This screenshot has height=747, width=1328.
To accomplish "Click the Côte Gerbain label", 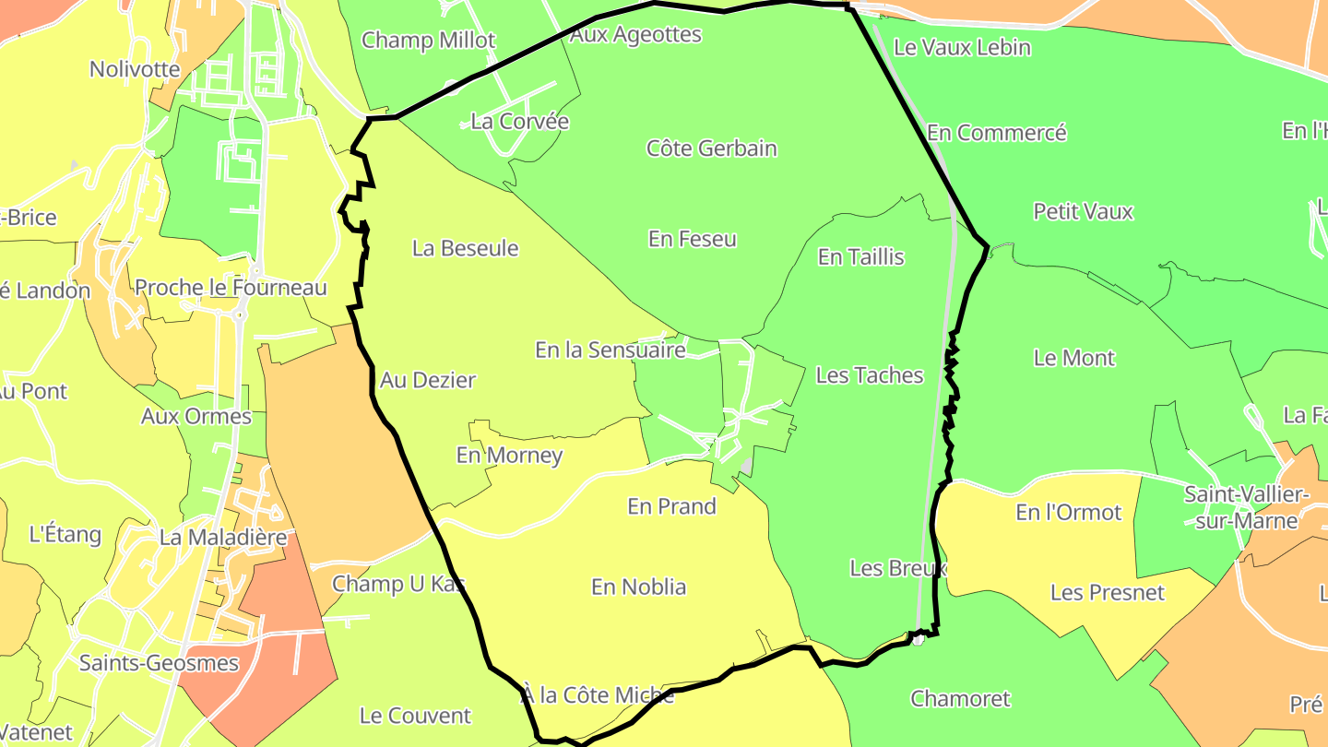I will [x=711, y=148].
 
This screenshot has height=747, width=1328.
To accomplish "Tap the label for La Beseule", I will [x=465, y=248].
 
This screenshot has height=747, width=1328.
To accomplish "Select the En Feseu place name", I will [x=692, y=239].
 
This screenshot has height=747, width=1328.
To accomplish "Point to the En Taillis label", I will [x=860, y=257].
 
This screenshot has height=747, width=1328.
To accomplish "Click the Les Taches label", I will [x=869, y=375].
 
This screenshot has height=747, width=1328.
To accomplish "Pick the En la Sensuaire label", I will [x=610, y=350].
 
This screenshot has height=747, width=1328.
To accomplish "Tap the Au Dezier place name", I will [x=428, y=380].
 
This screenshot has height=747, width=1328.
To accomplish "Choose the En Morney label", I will [x=509, y=456].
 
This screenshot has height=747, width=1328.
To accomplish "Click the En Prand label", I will [x=671, y=506].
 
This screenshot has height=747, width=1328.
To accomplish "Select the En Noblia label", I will [x=638, y=587].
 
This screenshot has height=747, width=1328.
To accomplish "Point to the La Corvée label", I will [x=519, y=122].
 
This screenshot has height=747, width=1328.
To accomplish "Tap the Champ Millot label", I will [x=428, y=41].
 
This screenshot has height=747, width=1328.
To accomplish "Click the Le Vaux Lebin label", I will [x=962, y=47].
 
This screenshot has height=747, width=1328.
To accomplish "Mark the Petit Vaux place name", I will [x=1083, y=211].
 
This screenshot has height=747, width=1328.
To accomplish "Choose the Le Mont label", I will [x=1073, y=358].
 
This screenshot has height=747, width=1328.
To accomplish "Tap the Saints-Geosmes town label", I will [x=159, y=663].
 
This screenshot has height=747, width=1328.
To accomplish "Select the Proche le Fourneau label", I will [x=231, y=288].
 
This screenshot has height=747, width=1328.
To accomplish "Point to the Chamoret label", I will [x=960, y=699].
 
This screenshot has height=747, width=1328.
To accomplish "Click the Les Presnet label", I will [x=1107, y=593].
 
